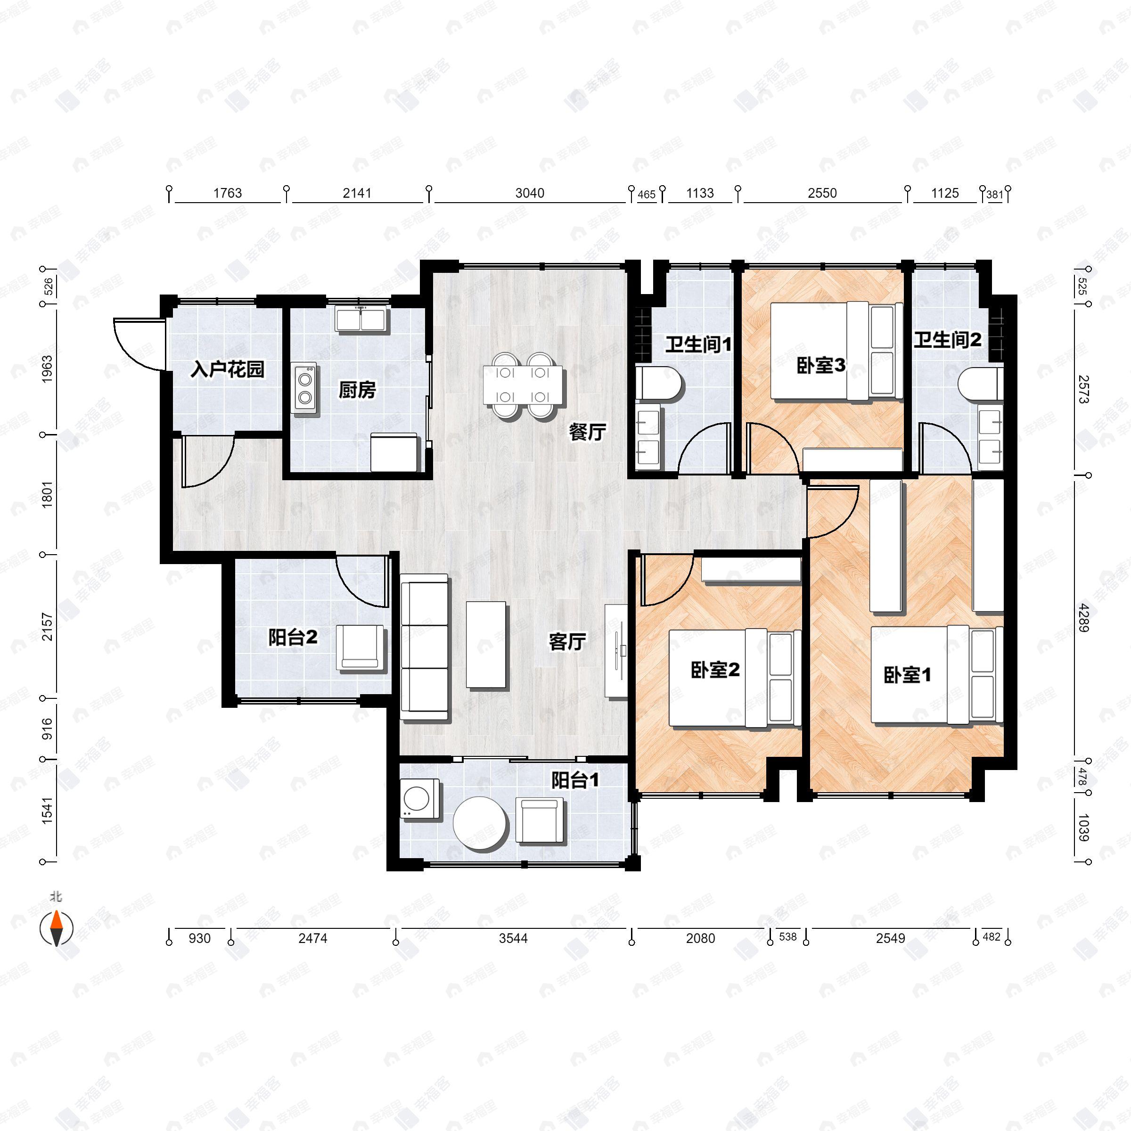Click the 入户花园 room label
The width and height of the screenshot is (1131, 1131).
click(x=227, y=369)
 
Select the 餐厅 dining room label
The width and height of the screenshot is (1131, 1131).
click(x=587, y=433)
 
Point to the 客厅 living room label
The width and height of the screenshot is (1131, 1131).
click(x=566, y=642)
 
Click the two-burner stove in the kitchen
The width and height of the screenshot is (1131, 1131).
click(x=304, y=388)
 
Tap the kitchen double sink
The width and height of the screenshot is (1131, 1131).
click(x=361, y=320)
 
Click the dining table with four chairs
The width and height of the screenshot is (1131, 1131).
click(x=524, y=385)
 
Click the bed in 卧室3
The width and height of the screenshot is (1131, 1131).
click(x=836, y=351)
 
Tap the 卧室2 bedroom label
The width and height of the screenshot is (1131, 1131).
click(x=715, y=670)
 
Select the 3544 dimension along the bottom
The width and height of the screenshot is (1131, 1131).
click(x=513, y=938)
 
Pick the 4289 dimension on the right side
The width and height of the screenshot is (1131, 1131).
click(x=1083, y=618)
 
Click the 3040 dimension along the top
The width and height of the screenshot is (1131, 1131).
click(x=529, y=193)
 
